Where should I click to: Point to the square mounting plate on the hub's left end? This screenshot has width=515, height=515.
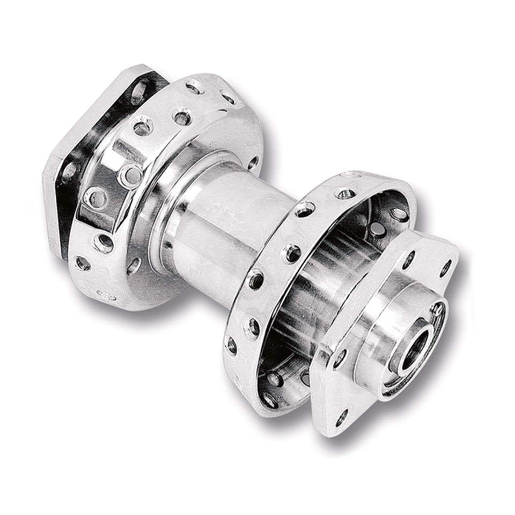tap(59, 177)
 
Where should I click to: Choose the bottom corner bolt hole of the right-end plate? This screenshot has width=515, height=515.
tap(341, 416)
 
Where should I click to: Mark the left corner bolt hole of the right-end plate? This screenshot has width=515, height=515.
tap(340, 358)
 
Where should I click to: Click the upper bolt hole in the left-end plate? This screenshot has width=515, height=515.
tap(138, 91)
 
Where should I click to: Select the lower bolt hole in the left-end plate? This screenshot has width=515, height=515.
tap(70, 172)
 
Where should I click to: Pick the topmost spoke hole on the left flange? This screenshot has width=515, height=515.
tap(194, 86)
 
